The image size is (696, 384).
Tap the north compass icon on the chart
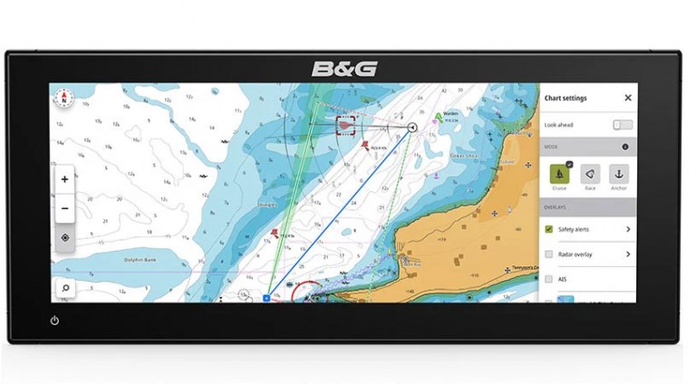click(x=64, y=97)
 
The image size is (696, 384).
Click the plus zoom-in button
click(x=64, y=179)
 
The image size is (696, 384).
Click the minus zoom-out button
click(x=64, y=207)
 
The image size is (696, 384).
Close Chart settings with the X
click(x=627, y=98)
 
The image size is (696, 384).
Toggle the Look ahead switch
click(x=622, y=124)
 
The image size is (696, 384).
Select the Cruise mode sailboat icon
click(x=559, y=174)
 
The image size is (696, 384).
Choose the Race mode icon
click(x=589, y=174)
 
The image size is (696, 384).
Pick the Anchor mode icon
click(x=618, y=174)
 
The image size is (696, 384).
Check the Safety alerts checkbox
click(x=549, y=230)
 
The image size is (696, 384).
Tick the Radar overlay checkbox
click(x=549, y=254)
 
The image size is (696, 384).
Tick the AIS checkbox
click(x=549, y=279)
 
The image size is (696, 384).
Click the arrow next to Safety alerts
click(x=627, y=230)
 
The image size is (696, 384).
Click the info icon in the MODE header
click(x=625, y=146)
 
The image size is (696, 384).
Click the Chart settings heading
click(x=565, y=98)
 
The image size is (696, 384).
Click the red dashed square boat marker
click(x=345, y=125)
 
